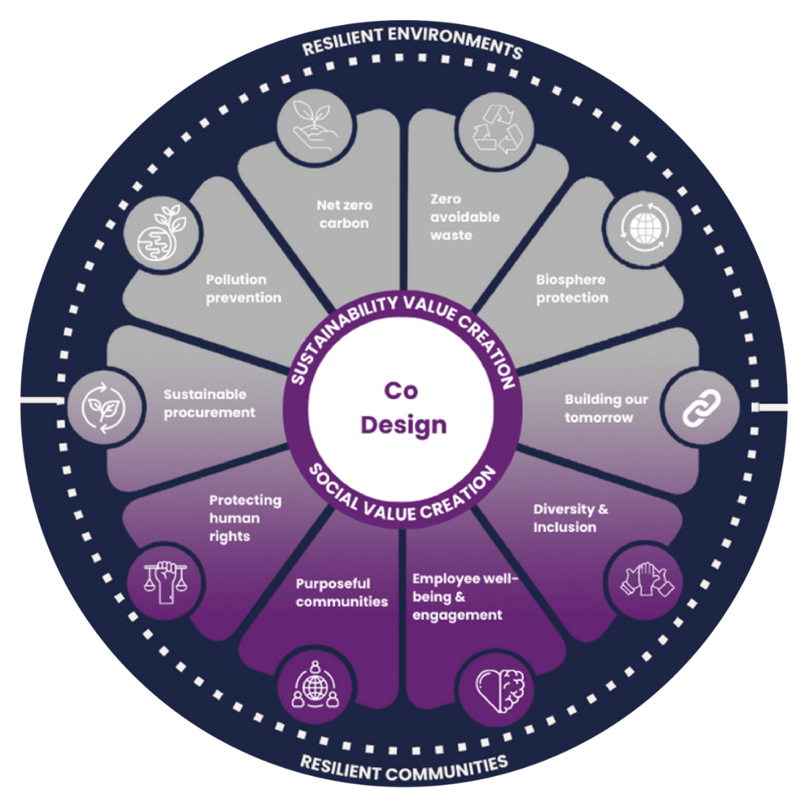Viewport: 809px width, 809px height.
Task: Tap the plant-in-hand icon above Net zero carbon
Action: click(315, 127)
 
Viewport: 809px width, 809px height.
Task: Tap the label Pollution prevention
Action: click(243, 289)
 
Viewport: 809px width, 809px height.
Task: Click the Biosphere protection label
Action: click(572, 289)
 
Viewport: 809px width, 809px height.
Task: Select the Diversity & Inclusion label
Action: click(570, 518)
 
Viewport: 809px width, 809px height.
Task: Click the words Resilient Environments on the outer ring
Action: click(412, 44)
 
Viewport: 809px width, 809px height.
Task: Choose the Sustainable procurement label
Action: click(209, 403)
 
